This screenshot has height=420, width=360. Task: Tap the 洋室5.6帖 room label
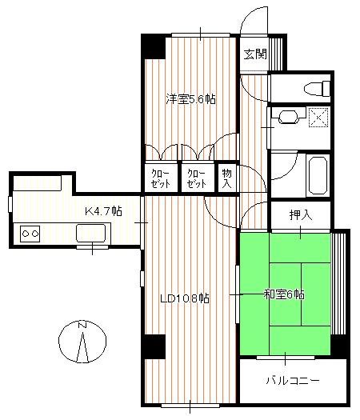pos(191,99)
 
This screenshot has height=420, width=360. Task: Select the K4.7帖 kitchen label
pos(104,211)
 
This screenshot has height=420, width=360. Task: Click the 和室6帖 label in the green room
pos(284,294)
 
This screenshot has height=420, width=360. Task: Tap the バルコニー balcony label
pos(293,380)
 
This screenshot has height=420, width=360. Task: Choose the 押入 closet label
pos(301,215)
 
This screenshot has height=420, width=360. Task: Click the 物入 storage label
pos(227,177)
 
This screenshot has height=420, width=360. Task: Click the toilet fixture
pos(317,87)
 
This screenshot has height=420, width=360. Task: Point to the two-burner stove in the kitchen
pos(30,234)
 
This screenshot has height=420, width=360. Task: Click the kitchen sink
pos(90,233)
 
